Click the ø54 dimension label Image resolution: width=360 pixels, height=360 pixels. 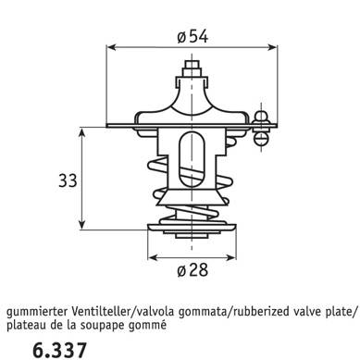point(192,37)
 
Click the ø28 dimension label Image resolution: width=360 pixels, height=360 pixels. point(192,270)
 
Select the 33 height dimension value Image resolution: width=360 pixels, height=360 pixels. point(68,180)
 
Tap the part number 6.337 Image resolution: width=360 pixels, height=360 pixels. point(59,350)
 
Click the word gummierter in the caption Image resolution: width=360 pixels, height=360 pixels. point(37,312)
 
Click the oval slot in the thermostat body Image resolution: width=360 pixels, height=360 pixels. point(192,159)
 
